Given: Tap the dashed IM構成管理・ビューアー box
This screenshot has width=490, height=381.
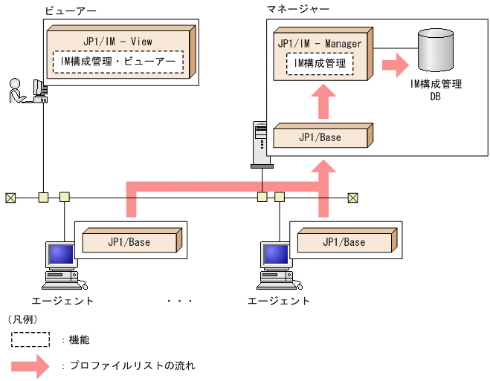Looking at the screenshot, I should [118, 62].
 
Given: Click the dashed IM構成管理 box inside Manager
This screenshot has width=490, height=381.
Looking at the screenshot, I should [320, 65].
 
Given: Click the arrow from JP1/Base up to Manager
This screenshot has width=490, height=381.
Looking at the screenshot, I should [321, 102].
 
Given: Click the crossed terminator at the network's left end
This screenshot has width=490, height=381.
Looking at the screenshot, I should [10, 198].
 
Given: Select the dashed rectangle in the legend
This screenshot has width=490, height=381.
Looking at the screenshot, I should [30, 339].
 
